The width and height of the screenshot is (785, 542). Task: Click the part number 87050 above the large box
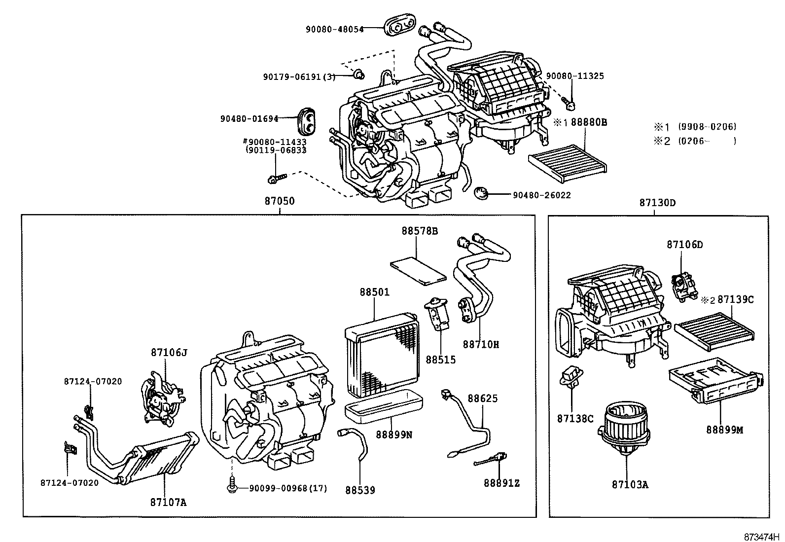[280, 201]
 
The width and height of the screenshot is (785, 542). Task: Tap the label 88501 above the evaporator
[374, 292]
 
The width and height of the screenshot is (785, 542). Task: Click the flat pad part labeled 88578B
[418, 271]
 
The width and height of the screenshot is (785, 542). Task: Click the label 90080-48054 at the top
[334, 30]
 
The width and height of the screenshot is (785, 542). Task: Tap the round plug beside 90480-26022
[481, 193]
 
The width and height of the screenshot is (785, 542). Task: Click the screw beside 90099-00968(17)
[231, 487]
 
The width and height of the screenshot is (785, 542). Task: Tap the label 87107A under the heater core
[169, 503]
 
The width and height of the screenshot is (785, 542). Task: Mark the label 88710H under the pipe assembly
[481, 345]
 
